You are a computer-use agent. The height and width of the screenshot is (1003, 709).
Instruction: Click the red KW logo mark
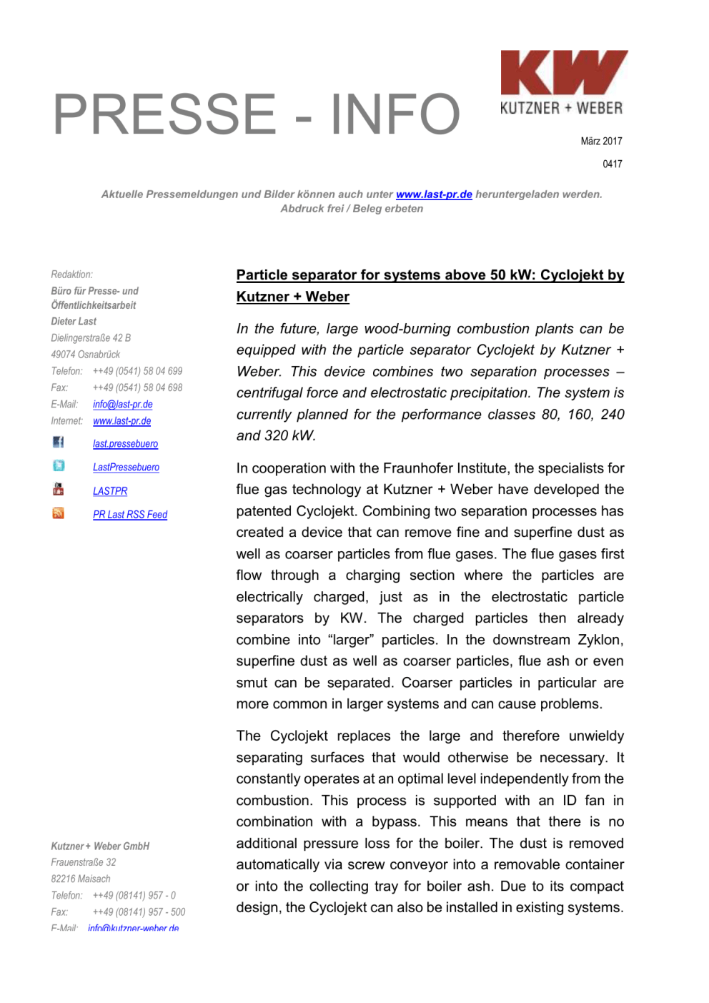pos(563,72)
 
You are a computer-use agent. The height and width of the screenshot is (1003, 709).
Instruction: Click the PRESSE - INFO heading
pos(256,114)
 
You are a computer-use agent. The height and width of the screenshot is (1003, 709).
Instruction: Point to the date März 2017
pos(601,141)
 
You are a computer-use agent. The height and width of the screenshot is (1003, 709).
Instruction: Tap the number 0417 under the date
pos(612,164)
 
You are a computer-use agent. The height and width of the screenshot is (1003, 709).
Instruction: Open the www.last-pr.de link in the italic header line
pos(434,194)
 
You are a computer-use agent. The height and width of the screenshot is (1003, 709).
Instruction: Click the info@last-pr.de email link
pos(122,405)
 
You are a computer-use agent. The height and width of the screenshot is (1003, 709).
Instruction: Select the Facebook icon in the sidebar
pos(59,443)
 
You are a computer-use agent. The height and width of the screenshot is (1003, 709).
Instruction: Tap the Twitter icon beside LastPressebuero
pos(59,466)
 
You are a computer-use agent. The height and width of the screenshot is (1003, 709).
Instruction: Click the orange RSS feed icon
pos(59,513)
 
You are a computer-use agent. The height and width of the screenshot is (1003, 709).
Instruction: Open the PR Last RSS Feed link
pos(129,515)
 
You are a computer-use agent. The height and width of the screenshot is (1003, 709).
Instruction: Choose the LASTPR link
pos(110,491)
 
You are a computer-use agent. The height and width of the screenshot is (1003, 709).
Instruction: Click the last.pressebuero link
pos(125,444)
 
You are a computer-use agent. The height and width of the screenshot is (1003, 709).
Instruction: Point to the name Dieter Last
pos(74,322)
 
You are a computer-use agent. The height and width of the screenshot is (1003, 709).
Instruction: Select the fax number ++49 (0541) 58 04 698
pos(137,387)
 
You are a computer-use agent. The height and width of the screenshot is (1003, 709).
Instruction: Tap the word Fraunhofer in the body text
pos(410,468)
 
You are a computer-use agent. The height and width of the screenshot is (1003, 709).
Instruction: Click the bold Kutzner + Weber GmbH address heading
pos(100,846)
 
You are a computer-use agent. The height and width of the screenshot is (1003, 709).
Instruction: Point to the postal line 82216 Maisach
pos(81,879)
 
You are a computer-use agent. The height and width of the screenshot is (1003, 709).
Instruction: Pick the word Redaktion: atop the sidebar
pos(71,275)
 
